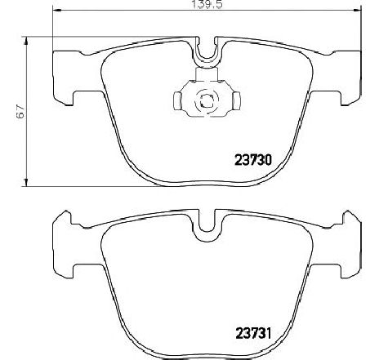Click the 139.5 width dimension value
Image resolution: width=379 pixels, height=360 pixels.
[206, 5]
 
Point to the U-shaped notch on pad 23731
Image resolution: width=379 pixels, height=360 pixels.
[208, 222]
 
